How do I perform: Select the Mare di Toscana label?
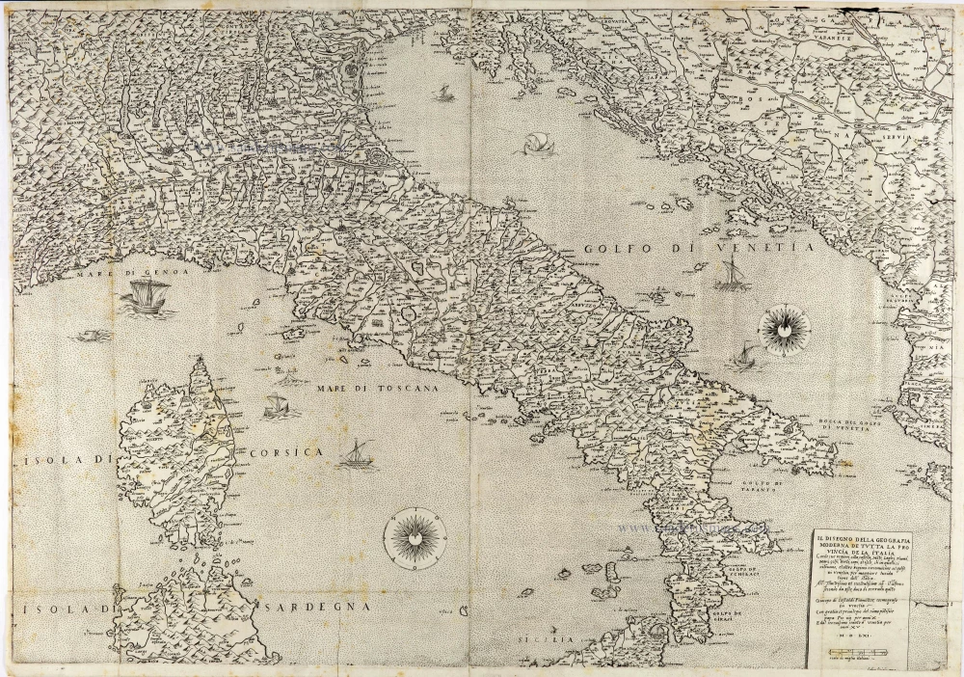pos(376,387)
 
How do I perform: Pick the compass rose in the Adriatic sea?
pos(785,330)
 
